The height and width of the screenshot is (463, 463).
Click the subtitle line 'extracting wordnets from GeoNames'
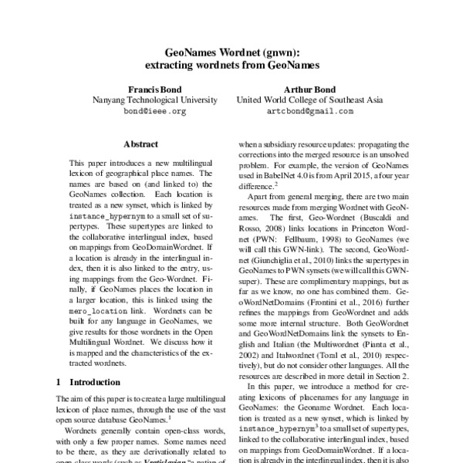click(231, 66)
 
